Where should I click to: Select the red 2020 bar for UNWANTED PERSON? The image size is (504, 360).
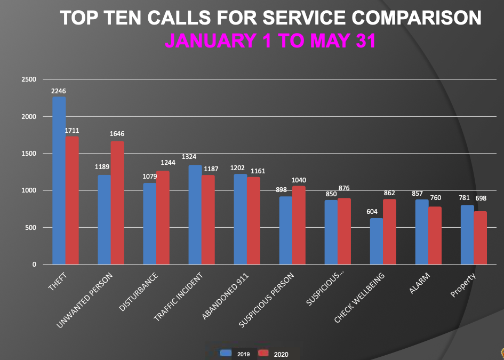click(117, 203)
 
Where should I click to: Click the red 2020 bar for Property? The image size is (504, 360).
click(481, 237)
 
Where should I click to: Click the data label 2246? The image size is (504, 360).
click(59, 91)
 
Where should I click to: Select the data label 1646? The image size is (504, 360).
click(117, 133)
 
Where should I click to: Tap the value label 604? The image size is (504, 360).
click(372, 212)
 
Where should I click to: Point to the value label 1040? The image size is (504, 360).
click(299, 180)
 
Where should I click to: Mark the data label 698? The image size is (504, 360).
click(481, 198)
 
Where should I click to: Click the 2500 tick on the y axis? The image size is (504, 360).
click(29, 80)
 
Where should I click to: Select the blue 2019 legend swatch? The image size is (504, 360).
click(226, 353)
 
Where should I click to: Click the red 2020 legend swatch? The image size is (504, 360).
click(263, 353)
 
